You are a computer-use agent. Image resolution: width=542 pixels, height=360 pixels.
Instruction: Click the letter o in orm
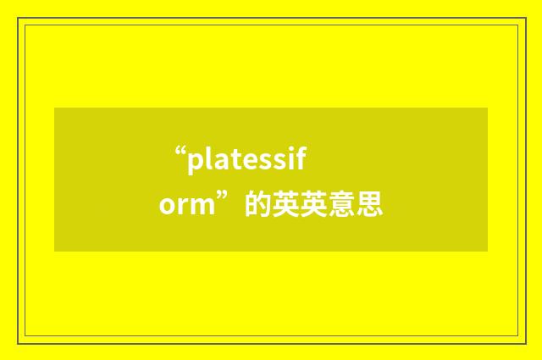[x=167, y=206]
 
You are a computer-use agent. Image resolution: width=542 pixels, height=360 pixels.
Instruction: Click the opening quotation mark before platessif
[x=180, y=152]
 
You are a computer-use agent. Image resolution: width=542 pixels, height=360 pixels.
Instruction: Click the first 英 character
[x=286, y=205]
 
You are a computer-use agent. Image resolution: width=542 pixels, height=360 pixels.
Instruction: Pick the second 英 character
[x=314, y=205]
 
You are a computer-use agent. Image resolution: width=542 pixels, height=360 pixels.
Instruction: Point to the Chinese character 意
[x=342, y=205]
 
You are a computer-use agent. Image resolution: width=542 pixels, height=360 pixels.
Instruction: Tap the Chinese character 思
[x=370, y=205]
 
